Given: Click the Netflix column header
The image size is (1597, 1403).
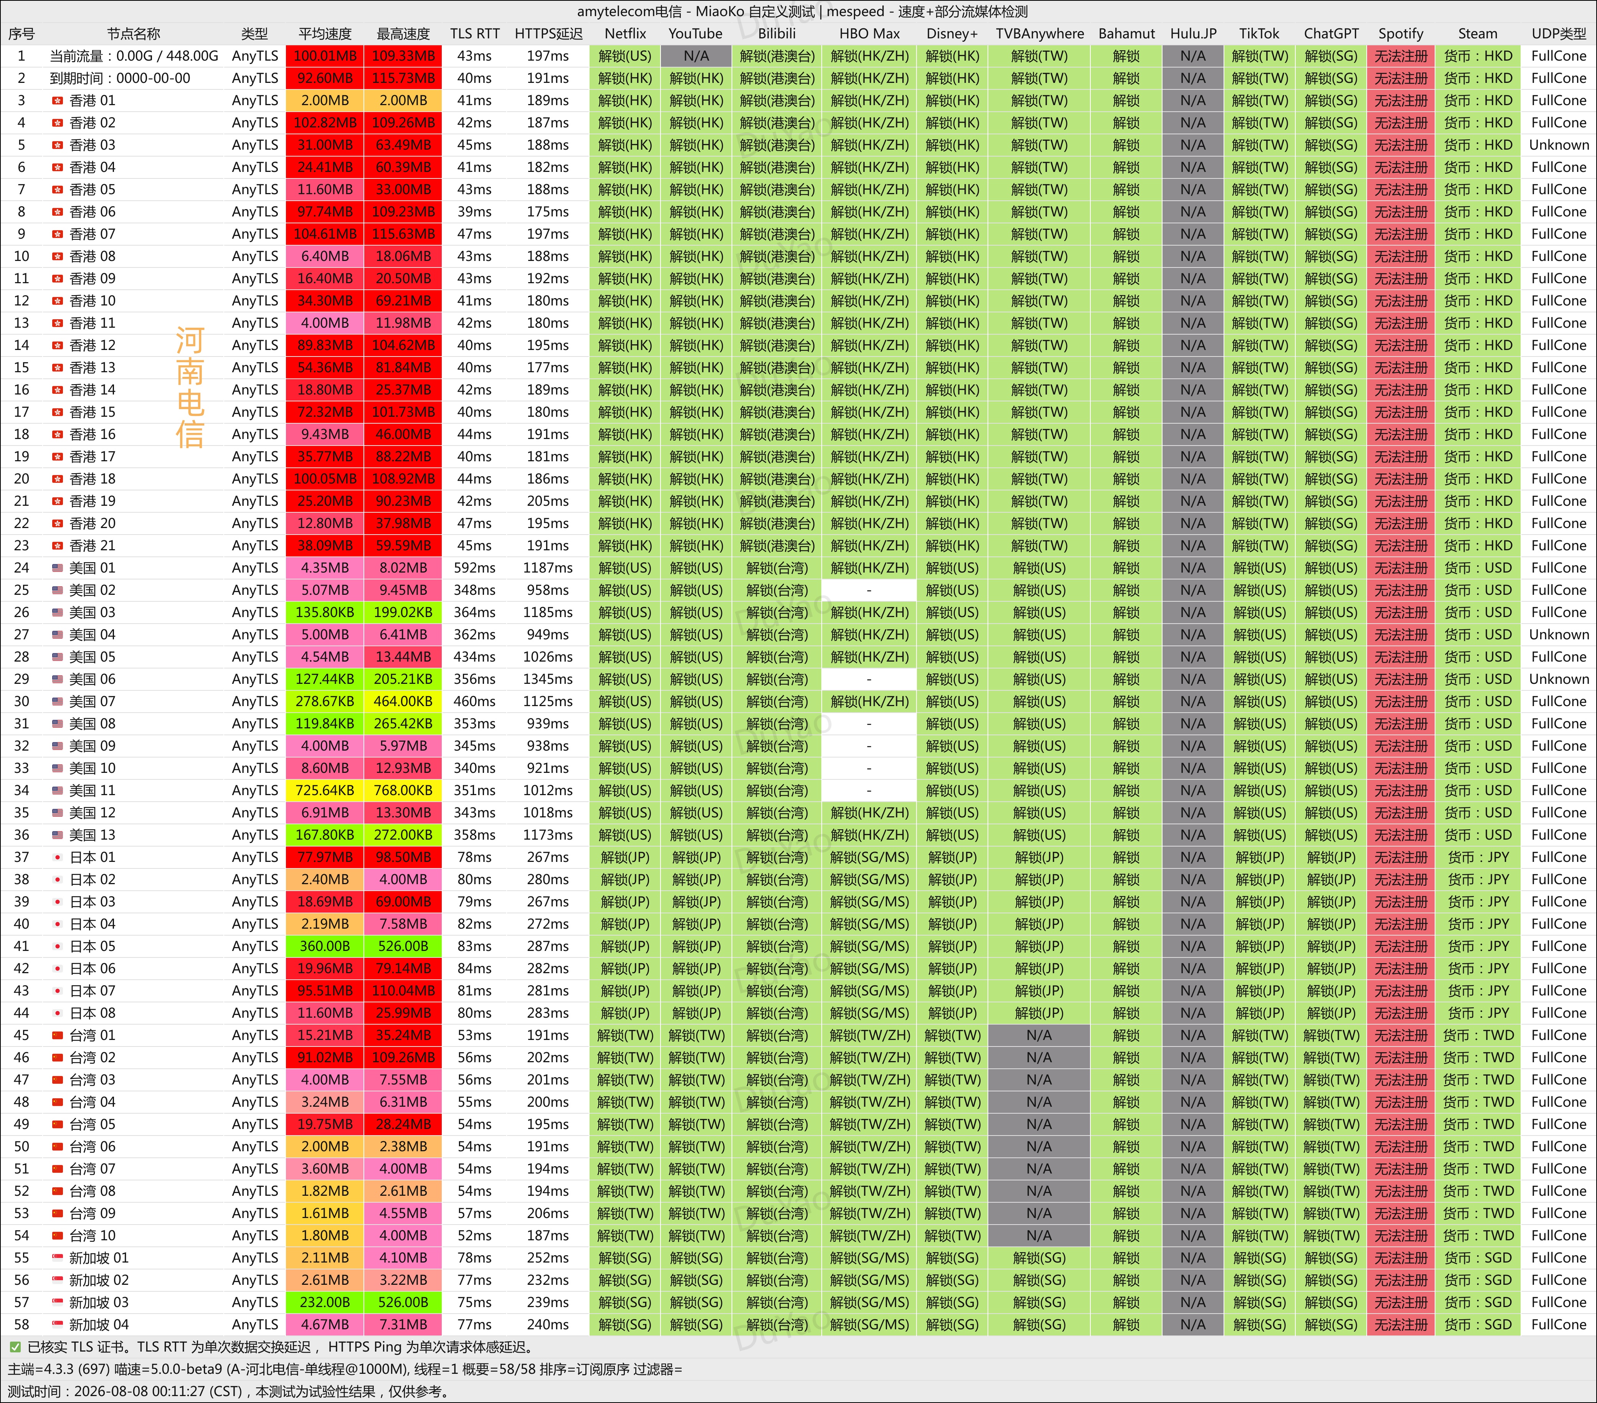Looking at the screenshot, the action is click(x=625, y=34).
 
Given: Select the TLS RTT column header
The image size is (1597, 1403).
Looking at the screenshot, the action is click(x=474, y=34).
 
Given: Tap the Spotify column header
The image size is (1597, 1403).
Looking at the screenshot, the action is click(x=1400, y=34).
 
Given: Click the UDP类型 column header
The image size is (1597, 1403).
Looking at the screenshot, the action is click(x=1559, y=34).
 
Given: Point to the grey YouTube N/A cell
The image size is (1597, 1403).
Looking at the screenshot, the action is click(x=696, y=56).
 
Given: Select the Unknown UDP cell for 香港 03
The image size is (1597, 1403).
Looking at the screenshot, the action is click(x=1559, y=145).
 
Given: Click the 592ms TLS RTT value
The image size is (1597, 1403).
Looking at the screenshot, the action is click(x=474, y=568).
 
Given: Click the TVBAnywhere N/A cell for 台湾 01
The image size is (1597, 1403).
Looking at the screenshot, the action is click(x=1039, y=1035).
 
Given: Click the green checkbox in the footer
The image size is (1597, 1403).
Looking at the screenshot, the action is click(x=15, y=1347).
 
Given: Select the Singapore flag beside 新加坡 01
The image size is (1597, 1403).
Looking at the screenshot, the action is click(x=57, y=1258).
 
